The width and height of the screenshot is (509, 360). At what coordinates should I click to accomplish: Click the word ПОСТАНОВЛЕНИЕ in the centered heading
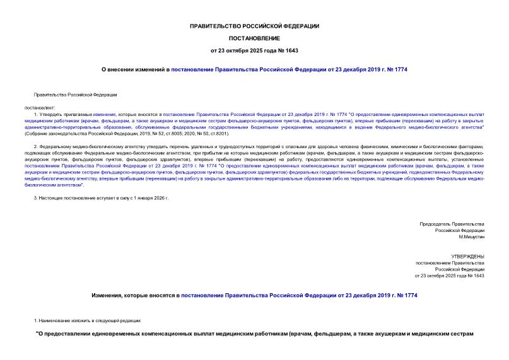click(x=254, y=38)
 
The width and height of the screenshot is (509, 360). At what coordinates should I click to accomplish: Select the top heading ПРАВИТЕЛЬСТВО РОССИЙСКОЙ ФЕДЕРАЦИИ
click(x=254, y=26)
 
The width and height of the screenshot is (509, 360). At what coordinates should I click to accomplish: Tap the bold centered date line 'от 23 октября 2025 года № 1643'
click(x=254, y=50)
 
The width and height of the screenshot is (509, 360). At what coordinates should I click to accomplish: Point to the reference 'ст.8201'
click(x=216, y=134)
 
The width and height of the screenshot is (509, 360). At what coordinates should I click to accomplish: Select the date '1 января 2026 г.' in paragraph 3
click(x=149, y=198)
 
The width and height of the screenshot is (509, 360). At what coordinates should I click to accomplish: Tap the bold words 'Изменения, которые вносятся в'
click(x=135, y=294)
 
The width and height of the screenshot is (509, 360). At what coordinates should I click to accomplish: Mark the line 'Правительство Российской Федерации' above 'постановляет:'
click(x=75, y=95)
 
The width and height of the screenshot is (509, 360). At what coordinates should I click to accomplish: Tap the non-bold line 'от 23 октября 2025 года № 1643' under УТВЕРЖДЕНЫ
click(x=449, y=276)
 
